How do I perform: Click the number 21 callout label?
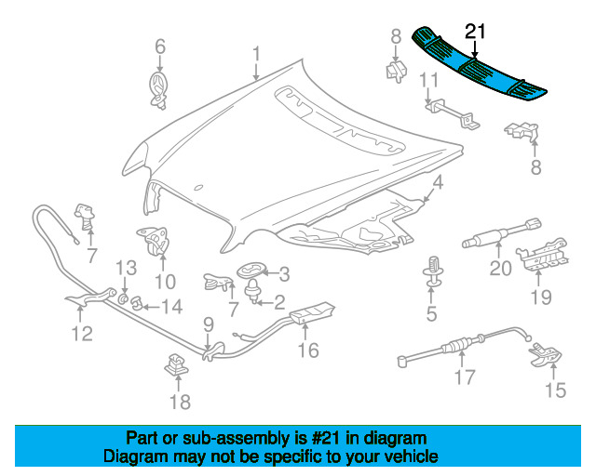click(476, 32)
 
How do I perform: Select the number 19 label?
click(541, 297)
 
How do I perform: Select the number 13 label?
click(126, 268)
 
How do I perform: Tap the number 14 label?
click(174, 306)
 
